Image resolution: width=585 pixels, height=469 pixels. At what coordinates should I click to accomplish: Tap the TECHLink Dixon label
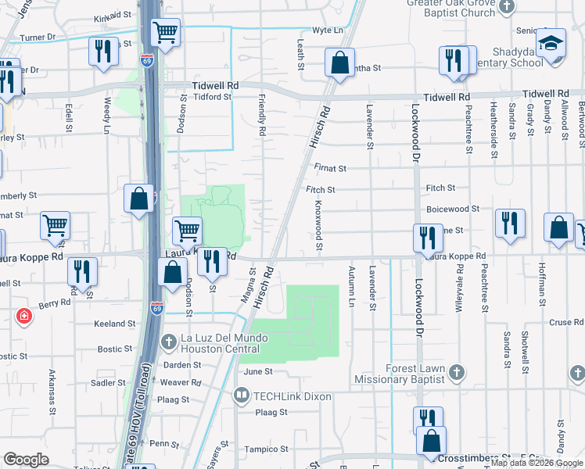pos(290,397)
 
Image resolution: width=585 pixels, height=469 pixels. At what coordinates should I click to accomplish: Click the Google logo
pos(27,460)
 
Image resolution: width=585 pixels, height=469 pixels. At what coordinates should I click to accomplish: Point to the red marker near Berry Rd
pos(24,317)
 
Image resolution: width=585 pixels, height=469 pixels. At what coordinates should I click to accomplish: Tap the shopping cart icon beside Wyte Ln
pos(165,33)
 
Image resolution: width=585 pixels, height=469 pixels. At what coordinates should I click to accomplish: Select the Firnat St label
pos(331,168)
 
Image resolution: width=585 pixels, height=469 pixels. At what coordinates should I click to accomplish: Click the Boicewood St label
pos(453,209)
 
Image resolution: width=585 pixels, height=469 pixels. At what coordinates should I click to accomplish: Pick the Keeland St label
pos(115,324)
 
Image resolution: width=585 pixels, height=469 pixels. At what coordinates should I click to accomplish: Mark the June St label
pos(257,373)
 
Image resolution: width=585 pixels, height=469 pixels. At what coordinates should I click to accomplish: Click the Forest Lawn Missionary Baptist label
pos(416,374)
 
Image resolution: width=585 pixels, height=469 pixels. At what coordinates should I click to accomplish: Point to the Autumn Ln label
pos(350,286)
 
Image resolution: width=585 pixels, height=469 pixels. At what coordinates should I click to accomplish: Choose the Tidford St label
pos(213,97)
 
